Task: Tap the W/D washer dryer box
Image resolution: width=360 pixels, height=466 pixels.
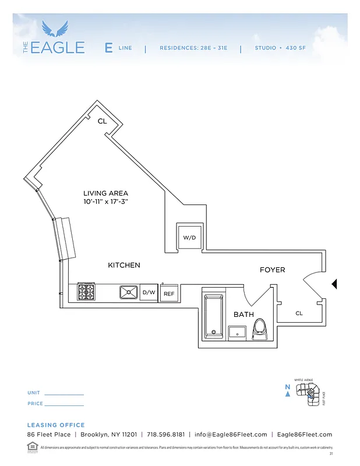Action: [x=189, y=238]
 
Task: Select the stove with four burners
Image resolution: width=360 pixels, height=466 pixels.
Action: [x=87, y=291]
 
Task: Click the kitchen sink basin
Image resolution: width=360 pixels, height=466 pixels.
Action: [x=129, y=291]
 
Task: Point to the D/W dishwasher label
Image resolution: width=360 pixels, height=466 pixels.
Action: [x=149, y=292]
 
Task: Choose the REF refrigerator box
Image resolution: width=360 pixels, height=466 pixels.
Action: [x=169, y=294]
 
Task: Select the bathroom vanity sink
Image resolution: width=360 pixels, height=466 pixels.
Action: [x=237, y=333]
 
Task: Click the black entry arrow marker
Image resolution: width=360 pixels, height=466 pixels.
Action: [x=334, y=284]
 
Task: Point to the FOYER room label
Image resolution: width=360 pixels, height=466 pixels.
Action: [x=272, y=270]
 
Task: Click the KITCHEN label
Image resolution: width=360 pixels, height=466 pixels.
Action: [x=124, y=265]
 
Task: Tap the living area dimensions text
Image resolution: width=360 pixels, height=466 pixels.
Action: [x=105, y=202]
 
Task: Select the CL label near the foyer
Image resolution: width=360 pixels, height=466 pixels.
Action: [x=299, y=313]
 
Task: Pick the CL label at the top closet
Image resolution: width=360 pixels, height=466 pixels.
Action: [x=102, y=121]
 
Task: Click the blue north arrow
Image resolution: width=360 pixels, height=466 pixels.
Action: [x=288, y=393]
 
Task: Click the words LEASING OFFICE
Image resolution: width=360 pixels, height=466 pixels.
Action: [x=56, y=425]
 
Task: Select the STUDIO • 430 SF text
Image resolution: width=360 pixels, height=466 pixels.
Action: [x=280, y=48]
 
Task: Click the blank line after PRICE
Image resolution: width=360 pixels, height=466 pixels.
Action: [x=64, y=404]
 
